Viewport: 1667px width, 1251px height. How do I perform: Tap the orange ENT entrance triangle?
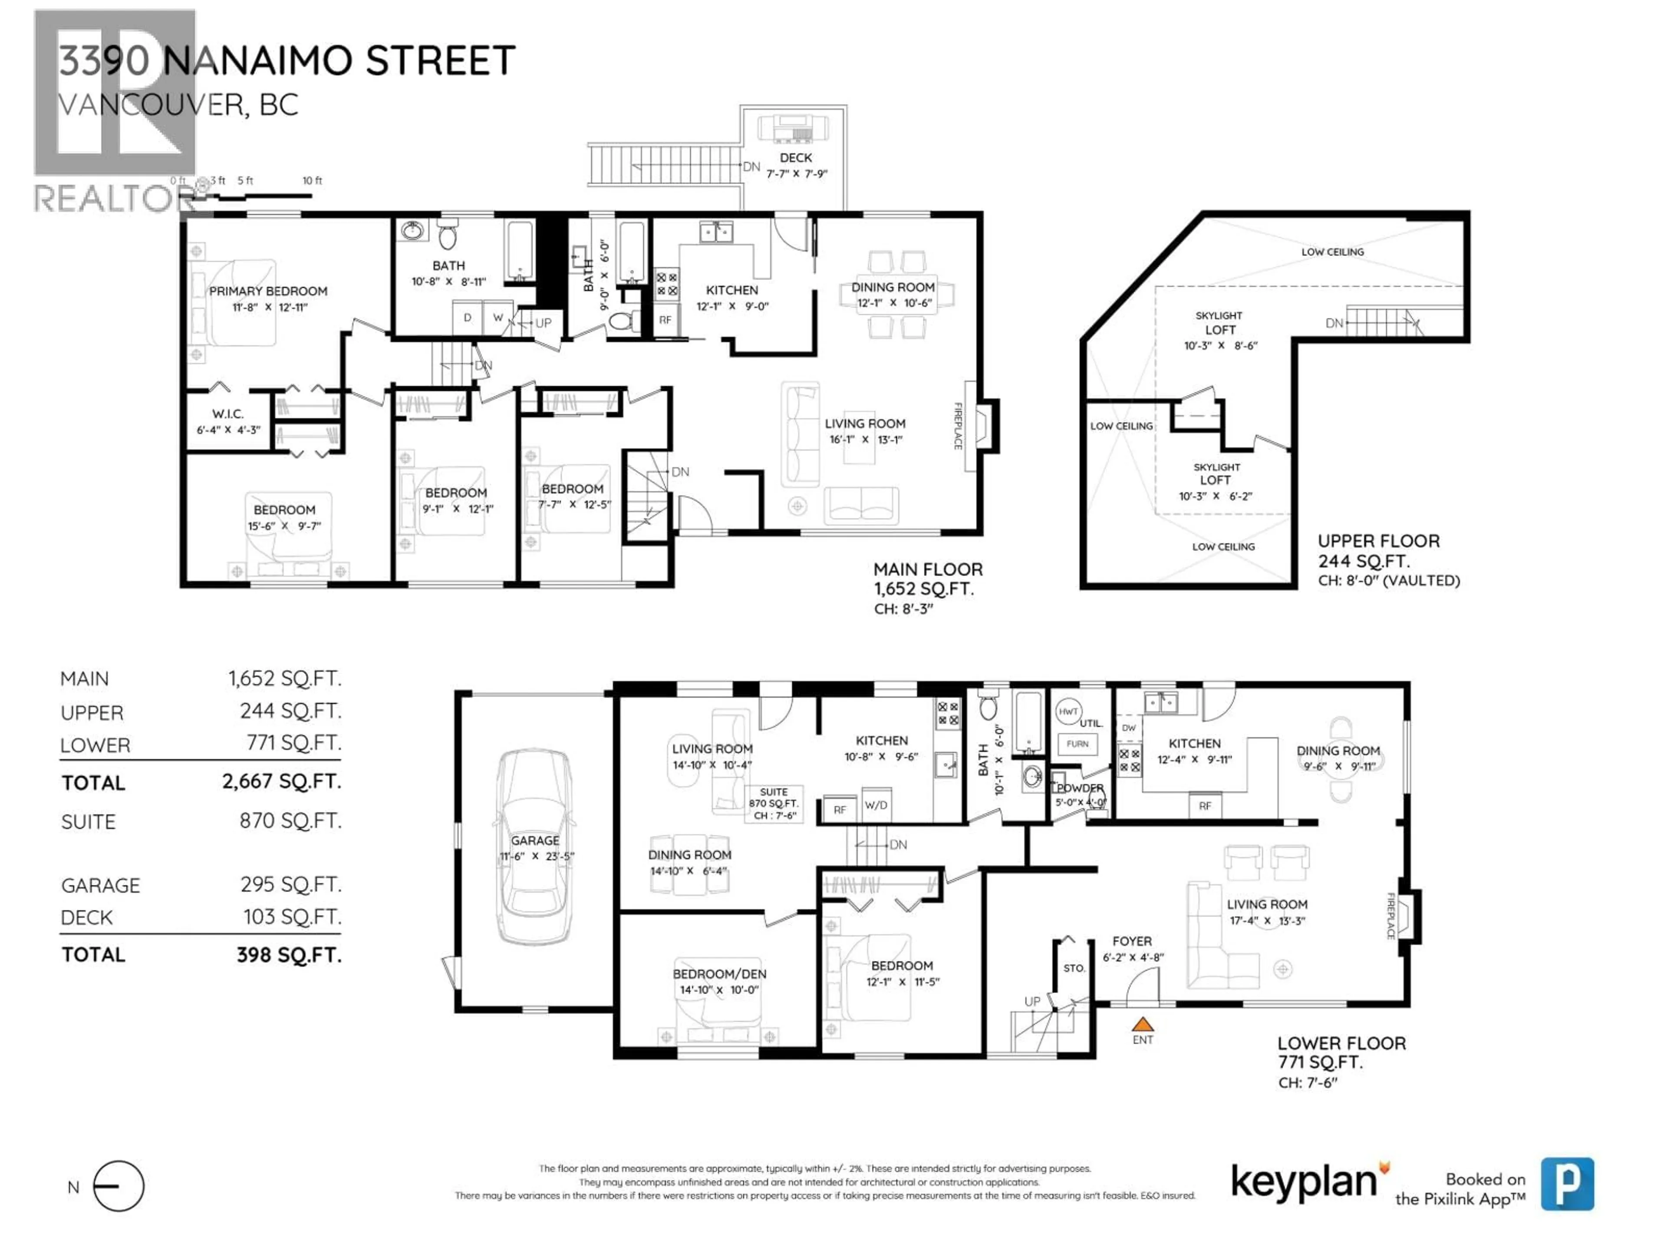(1143, 1025)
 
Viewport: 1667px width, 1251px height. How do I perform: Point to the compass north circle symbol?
(119, 1186)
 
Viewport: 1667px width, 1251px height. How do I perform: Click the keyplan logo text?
(1303, 1181)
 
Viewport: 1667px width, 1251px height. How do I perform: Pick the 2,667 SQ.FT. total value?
(281, 781)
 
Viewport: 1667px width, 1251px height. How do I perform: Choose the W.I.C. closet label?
(227, 414)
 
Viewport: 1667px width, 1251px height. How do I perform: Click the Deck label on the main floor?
(796, 158)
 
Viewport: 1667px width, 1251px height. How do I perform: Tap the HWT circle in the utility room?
(1068, 712)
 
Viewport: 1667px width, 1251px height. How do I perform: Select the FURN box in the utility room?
(1077, 744)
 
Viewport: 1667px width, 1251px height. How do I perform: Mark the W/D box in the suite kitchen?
(876, 805)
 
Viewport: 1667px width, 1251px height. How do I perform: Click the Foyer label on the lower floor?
(1131, 941)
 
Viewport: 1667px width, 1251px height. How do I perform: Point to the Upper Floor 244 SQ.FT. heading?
(1378, 550)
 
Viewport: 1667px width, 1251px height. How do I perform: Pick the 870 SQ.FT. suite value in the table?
(290, 821)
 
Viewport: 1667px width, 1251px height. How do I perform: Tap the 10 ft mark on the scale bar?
(312, 181)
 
